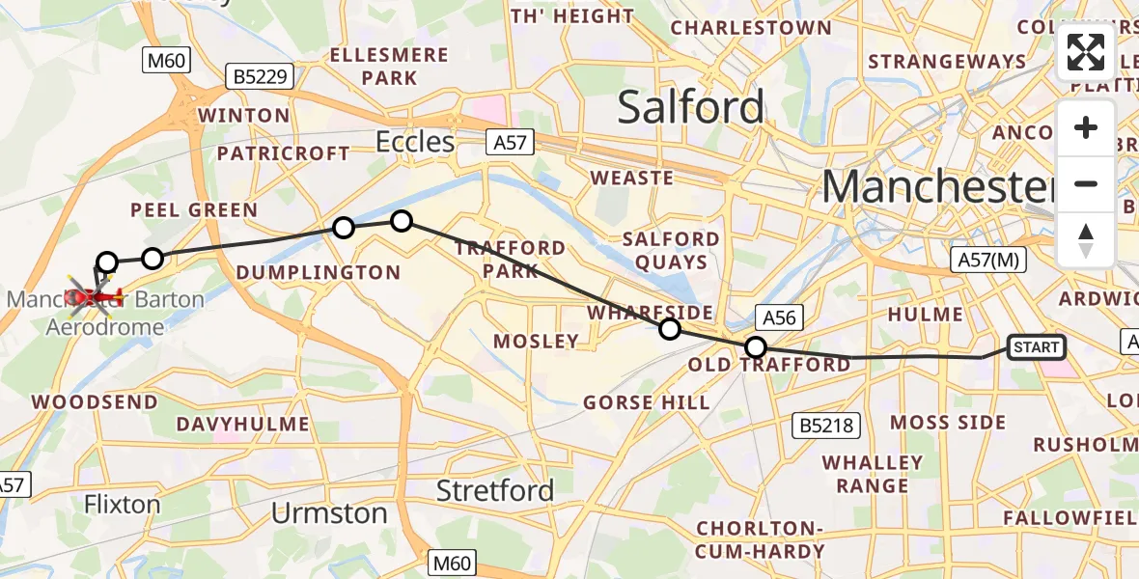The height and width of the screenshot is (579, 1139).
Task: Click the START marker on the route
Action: [x=1036, y=347]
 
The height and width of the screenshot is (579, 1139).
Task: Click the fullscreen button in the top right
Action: [x=1086, y=52]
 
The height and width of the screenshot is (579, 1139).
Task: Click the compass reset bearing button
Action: [x=1086, y=240]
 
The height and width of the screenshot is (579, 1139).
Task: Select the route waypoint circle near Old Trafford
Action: [x=757, y=347]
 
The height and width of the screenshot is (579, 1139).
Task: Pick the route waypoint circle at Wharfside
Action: [x=669, y=330]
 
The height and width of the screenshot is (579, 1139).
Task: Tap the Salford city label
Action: [x=690, y=106]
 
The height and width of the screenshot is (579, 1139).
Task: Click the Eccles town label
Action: [x=415, y=143]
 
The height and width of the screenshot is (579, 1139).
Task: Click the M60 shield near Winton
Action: [x=166, y=61]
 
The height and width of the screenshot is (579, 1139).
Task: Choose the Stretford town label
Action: [x=495, y=490]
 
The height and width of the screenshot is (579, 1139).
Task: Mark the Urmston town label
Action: [x=329, y=513]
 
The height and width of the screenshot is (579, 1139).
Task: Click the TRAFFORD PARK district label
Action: [x=511, y=259]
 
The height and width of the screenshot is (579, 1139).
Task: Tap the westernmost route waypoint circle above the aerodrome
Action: [x=107, y=262]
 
